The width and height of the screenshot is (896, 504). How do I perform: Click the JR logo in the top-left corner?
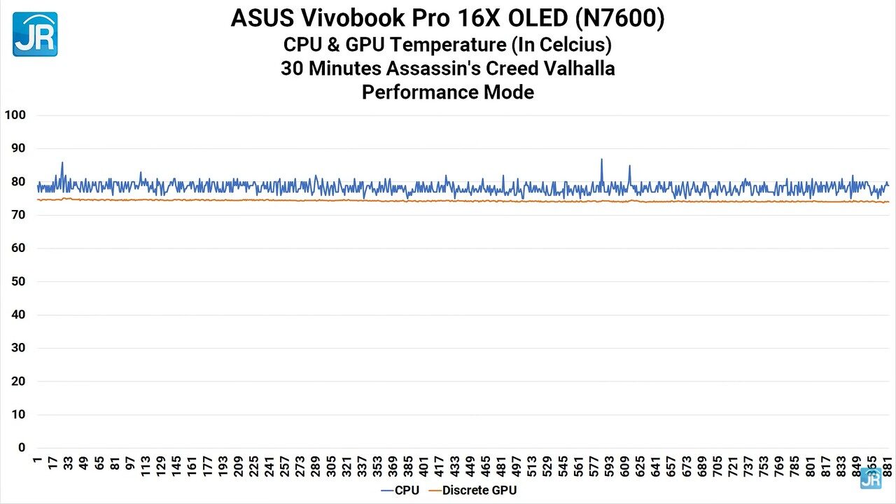[x=35, y=34]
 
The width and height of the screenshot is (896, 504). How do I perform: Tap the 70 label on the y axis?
[x=17, y=215]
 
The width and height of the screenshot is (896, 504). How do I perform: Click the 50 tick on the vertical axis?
[x=17, y=281]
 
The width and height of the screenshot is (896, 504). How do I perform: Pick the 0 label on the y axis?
[x=22, y=447]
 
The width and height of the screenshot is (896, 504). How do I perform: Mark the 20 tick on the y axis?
[x=17, y=381]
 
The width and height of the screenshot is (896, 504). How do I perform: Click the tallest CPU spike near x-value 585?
[x=601, y=160]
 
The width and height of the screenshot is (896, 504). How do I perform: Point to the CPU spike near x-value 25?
[x=62, y=164]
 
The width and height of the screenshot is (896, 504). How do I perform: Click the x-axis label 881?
[x=887, y=466]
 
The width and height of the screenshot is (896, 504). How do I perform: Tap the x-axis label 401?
[x=423, y=466]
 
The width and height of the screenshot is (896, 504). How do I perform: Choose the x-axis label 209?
[x=239, y=466]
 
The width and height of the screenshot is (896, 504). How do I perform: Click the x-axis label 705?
[x=717, y=466]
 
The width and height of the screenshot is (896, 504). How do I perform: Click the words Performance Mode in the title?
[x=448, y=92]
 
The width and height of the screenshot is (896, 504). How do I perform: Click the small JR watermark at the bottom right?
[x=871, y=479]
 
